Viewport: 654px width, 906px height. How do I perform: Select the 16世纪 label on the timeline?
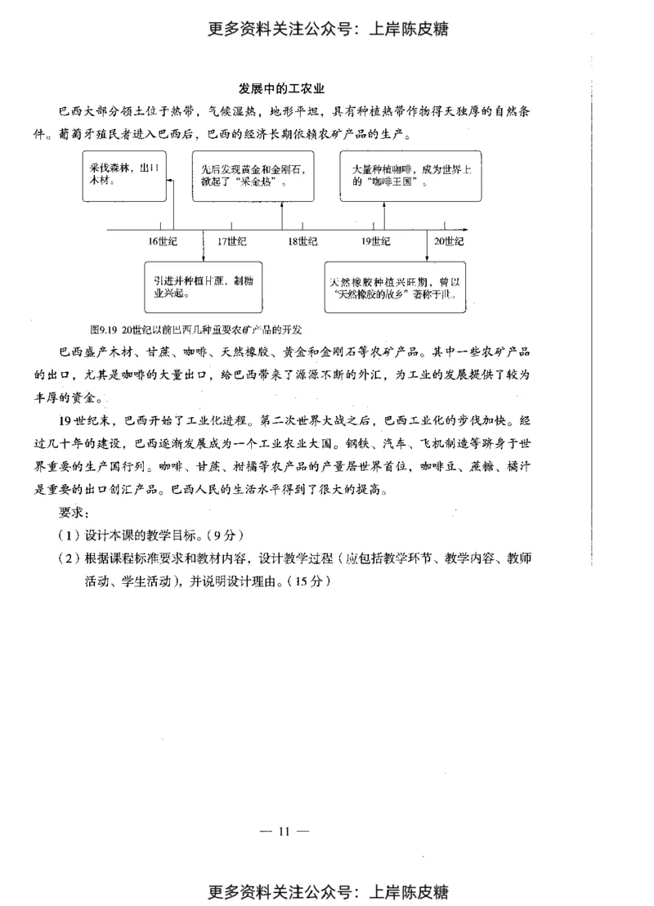163,241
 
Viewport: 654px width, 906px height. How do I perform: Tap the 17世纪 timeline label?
232,241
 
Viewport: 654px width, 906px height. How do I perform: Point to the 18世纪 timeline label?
302,241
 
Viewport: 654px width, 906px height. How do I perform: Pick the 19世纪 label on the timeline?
375,241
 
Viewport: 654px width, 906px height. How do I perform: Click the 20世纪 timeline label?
448,241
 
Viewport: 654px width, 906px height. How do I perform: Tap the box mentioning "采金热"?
253,175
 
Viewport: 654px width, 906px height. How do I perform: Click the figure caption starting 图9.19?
195,330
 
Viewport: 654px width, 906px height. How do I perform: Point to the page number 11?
284,832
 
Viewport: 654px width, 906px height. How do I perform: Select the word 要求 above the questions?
73,514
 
